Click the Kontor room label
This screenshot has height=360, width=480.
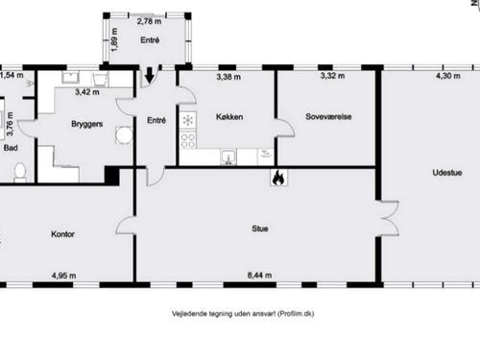62,233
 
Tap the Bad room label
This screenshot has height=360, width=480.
11,149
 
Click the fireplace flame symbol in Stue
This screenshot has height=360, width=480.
277,177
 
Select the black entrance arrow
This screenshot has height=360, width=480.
149,75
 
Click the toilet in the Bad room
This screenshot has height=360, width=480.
18,172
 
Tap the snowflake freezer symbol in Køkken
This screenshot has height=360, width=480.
188,120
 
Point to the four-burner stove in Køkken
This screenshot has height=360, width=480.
188,140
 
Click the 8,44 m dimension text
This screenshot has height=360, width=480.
258,276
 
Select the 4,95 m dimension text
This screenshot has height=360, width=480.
63,276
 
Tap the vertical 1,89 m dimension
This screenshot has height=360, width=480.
113,41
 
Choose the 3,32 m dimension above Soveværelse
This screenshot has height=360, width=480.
326,76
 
